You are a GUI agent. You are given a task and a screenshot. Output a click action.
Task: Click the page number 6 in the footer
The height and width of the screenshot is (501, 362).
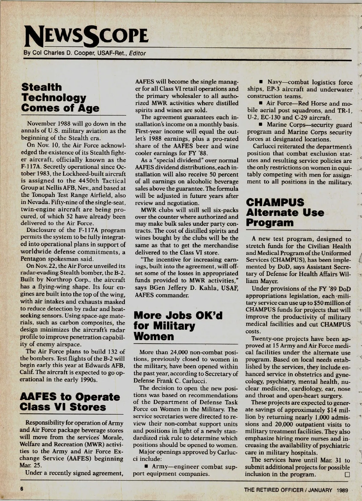22,489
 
